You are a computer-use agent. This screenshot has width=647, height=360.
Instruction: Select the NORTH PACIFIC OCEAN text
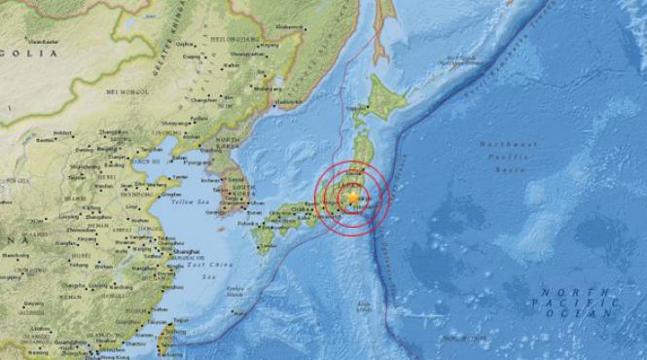(x=580, y=303)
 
